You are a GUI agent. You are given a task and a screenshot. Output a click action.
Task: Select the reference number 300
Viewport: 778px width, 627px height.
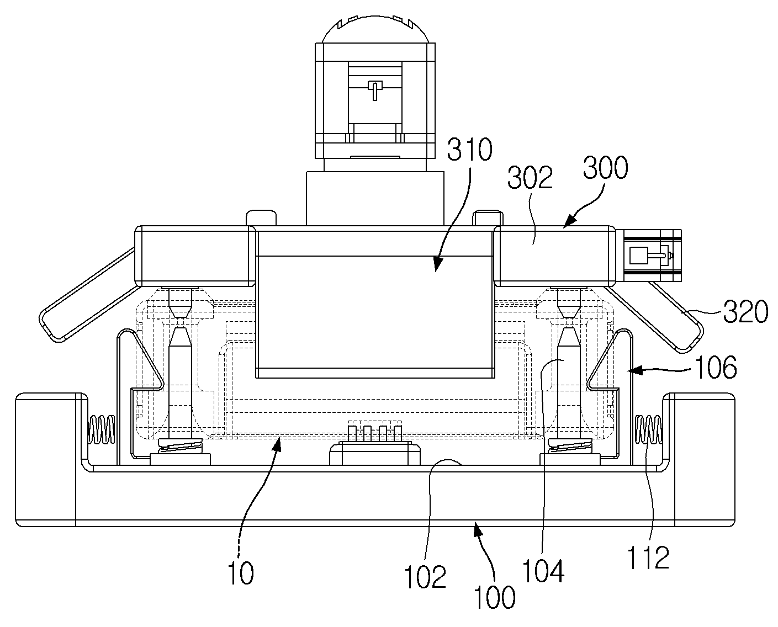coord(606,168)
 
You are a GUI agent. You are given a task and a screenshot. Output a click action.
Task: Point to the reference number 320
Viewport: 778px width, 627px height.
coord(745,311)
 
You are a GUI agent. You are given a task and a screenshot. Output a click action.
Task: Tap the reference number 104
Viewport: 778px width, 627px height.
coord(543,571)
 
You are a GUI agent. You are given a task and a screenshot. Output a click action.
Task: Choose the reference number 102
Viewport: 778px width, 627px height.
coord(425,577)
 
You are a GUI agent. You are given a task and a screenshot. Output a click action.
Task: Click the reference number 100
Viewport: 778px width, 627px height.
coord(494,597)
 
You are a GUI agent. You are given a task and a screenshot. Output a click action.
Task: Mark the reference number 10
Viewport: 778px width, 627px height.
coord(241,573)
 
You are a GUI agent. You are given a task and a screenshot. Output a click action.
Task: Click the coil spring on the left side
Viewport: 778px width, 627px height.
coord(102,429)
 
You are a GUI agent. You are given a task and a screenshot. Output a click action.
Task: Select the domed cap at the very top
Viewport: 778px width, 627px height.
coord(375,29)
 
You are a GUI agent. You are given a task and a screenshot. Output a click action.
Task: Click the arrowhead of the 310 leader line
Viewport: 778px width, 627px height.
coord(438,265)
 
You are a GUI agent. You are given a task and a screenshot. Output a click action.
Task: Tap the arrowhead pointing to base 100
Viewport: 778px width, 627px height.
coord(478,530)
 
